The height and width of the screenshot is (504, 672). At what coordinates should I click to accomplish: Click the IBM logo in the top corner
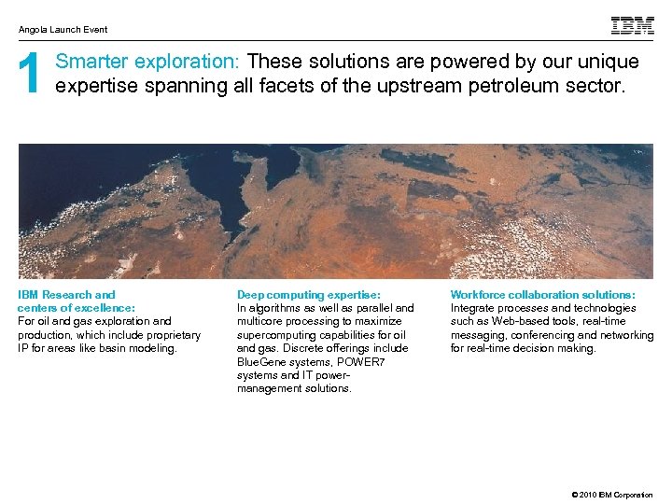click(x=632, y=26)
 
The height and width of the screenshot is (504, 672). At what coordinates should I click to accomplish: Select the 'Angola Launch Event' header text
click(x=63, y=30)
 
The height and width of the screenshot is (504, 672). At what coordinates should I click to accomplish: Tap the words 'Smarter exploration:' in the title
click(x=148, y=63)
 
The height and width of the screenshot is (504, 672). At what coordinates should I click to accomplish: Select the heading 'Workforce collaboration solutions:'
click(x=542, y=295)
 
